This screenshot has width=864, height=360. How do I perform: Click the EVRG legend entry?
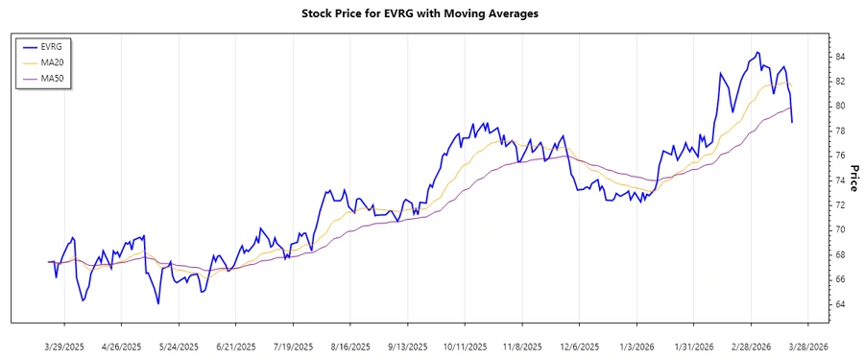click(51, 45)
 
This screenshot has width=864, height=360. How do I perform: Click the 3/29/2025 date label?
click(65, 346)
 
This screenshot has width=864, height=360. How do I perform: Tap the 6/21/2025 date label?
click(235, 346)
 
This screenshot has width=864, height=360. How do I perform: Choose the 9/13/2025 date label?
click(406, 346)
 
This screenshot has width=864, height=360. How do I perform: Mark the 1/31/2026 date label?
click(692, 346)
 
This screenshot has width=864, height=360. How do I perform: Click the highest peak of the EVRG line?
click(757, 53)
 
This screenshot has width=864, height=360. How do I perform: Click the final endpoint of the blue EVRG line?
click(792, 122)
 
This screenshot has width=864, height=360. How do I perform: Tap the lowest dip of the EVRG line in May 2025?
click(158, 303)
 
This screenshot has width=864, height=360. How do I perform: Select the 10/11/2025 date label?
click(465, 346)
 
